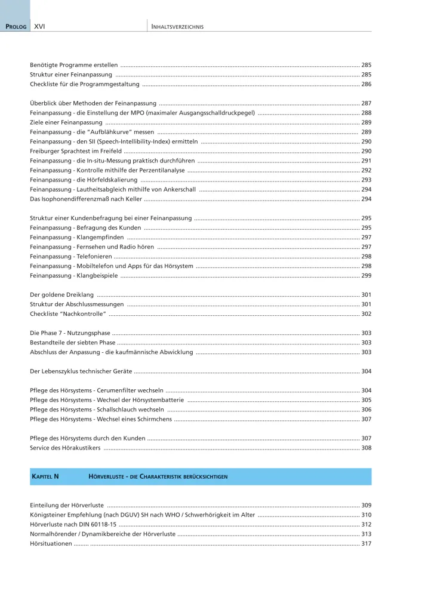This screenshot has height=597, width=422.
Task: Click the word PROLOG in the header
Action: pos(16,27)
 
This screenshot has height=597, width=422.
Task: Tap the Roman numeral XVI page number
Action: pos(40,27)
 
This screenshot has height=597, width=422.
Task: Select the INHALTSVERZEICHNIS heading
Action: pos(177,27)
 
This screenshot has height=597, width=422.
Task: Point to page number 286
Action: pos(366,85)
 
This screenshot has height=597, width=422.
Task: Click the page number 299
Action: pos(366,275)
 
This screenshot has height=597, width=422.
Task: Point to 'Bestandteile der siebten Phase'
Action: pos(73,343)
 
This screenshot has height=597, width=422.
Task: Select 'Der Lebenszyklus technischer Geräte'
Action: pos(81,371)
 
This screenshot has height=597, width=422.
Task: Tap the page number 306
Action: pos(366,410)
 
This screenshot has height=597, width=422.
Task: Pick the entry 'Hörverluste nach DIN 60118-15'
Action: pos(73,524)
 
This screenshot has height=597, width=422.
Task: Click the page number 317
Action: pos(366,543)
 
